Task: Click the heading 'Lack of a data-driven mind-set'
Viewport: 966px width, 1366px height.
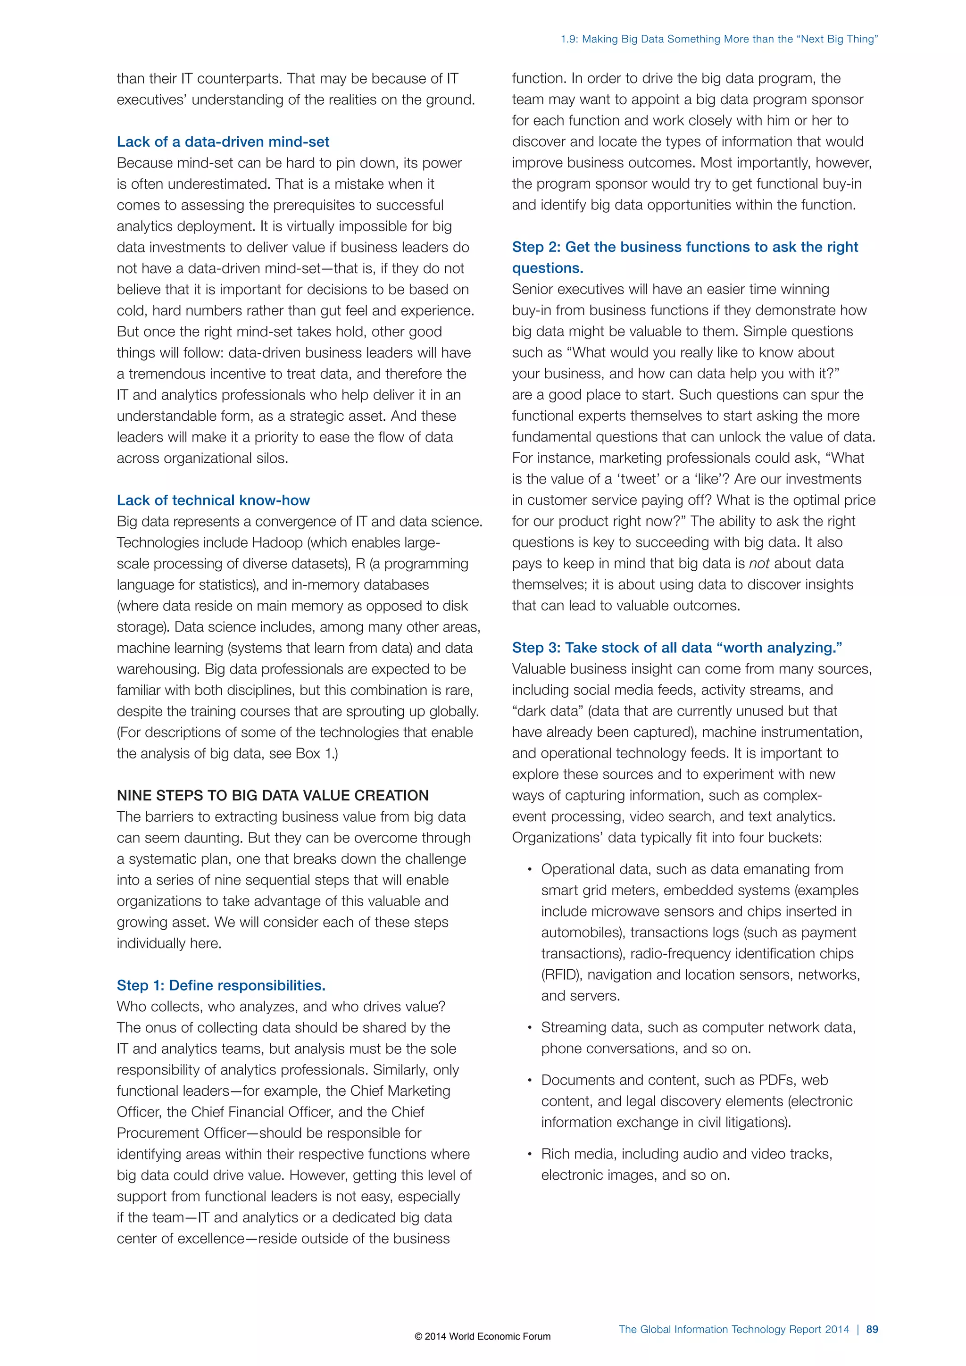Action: [223, 142]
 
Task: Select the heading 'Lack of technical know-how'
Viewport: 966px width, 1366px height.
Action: [213, 500]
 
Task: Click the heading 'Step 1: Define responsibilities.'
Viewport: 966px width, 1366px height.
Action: [221, 985]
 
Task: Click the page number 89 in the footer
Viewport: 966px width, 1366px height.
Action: [872, 1329]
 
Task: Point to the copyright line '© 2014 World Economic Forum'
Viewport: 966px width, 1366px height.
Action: [483, 1336]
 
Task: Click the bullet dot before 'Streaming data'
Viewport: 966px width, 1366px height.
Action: [529, 1028]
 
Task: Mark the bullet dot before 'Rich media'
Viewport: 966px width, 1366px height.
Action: [529, 1155]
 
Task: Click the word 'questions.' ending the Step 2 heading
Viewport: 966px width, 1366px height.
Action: [547, 268]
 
